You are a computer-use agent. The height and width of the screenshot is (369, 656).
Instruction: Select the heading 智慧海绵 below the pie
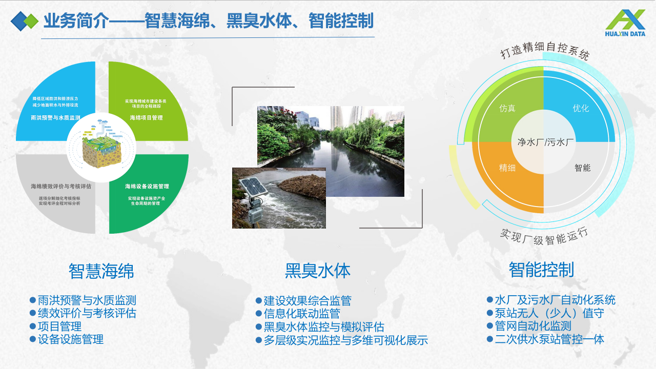tap(101, 271)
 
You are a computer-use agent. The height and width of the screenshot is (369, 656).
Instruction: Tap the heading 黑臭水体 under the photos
tap(318, 271)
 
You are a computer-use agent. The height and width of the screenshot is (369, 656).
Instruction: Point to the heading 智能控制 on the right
tap(541, 269)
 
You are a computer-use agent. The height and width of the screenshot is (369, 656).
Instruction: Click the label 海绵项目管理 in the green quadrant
tap(146, 117)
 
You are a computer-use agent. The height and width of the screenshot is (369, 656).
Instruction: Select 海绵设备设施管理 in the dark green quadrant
tap(147, 186)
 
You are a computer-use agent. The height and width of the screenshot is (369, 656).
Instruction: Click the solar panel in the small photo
tap(255, 189)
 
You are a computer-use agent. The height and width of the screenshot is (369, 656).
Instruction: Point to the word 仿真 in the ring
tap(507, 109)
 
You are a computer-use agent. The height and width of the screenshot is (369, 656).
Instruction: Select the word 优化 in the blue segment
tap(581, 109)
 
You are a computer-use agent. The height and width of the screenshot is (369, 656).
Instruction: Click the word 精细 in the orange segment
tap(507, 168)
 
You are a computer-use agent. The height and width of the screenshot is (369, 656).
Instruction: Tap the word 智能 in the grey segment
tap(582, 168)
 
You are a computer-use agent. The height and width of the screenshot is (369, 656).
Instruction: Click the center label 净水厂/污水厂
tap(545, 142)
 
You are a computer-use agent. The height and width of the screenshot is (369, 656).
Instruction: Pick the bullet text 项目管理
tap(59, 326)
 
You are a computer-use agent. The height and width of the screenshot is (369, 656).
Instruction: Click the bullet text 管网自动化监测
tap(533, 326)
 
